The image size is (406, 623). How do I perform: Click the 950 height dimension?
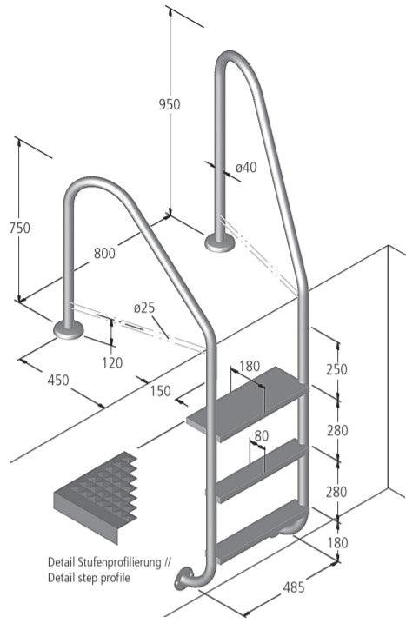click(x=170, y=104)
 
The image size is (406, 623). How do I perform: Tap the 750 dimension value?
click(x=18, y=228)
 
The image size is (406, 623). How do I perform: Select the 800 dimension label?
click(x=105, y=255)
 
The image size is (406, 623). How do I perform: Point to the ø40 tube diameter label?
click(x=246, y=167)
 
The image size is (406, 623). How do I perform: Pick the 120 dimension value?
click(x=111, y=361)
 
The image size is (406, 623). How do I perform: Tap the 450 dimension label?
click(x=58, y=379)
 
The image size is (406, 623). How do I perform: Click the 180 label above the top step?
click(x=249, y=366)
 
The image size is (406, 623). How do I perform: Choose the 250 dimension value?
click(x=336, y=368)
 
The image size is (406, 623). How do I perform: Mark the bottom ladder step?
click(x=259, y=540)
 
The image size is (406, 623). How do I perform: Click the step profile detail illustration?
click(x=96, y=495)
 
